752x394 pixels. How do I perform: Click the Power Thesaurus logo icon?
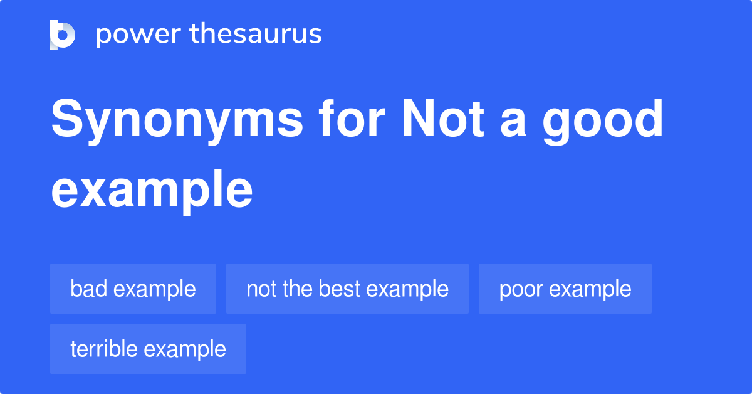[63, 35]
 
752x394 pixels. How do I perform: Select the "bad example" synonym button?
[133, 289]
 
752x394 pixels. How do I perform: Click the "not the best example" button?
[347, 289]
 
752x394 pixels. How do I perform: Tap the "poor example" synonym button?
[565, 289]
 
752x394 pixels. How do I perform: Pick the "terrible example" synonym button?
[148, 349]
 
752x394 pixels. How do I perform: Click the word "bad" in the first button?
[89, 289]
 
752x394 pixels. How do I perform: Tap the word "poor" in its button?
[521, 289]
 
